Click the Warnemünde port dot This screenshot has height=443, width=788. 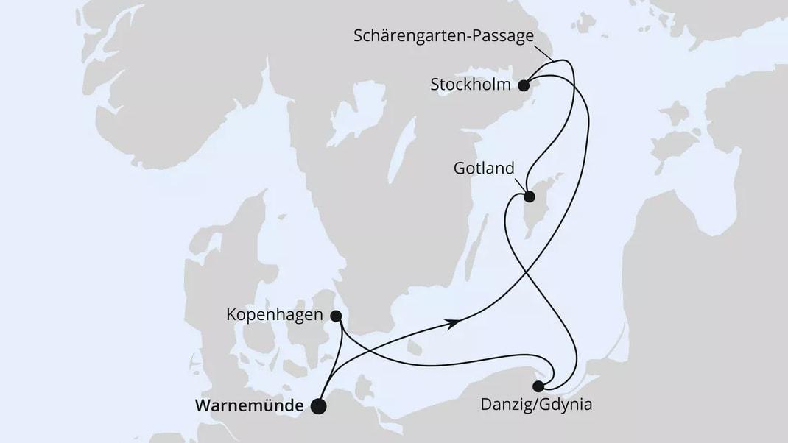pyautogui.click(x=318, y=406)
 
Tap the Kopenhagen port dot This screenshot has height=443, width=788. pyautogui.click(x=336, y=316)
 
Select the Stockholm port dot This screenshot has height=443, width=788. pyautogui.click(x=524, y=85)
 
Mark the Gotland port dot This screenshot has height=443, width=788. pyautogui.click(x=529, y=196)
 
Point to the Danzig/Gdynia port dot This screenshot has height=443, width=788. pyautogui.click(x=538, y=386)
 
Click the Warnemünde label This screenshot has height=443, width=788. pyautogui.click(x=250, y=405)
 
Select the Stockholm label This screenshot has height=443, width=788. pyautogui.click(x=470, y=85)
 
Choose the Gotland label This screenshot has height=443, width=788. pyautogui.click(x=483, y=169)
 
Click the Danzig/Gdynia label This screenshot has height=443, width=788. pyautogui.click(x=535, y=404)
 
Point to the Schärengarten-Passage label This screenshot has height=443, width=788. pyautogui.click(x=443, y=36)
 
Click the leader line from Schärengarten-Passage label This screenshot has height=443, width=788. pyautogui.click(x=546, y=53)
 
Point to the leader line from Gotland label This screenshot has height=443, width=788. pyautogui.click(x=520, y=185)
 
